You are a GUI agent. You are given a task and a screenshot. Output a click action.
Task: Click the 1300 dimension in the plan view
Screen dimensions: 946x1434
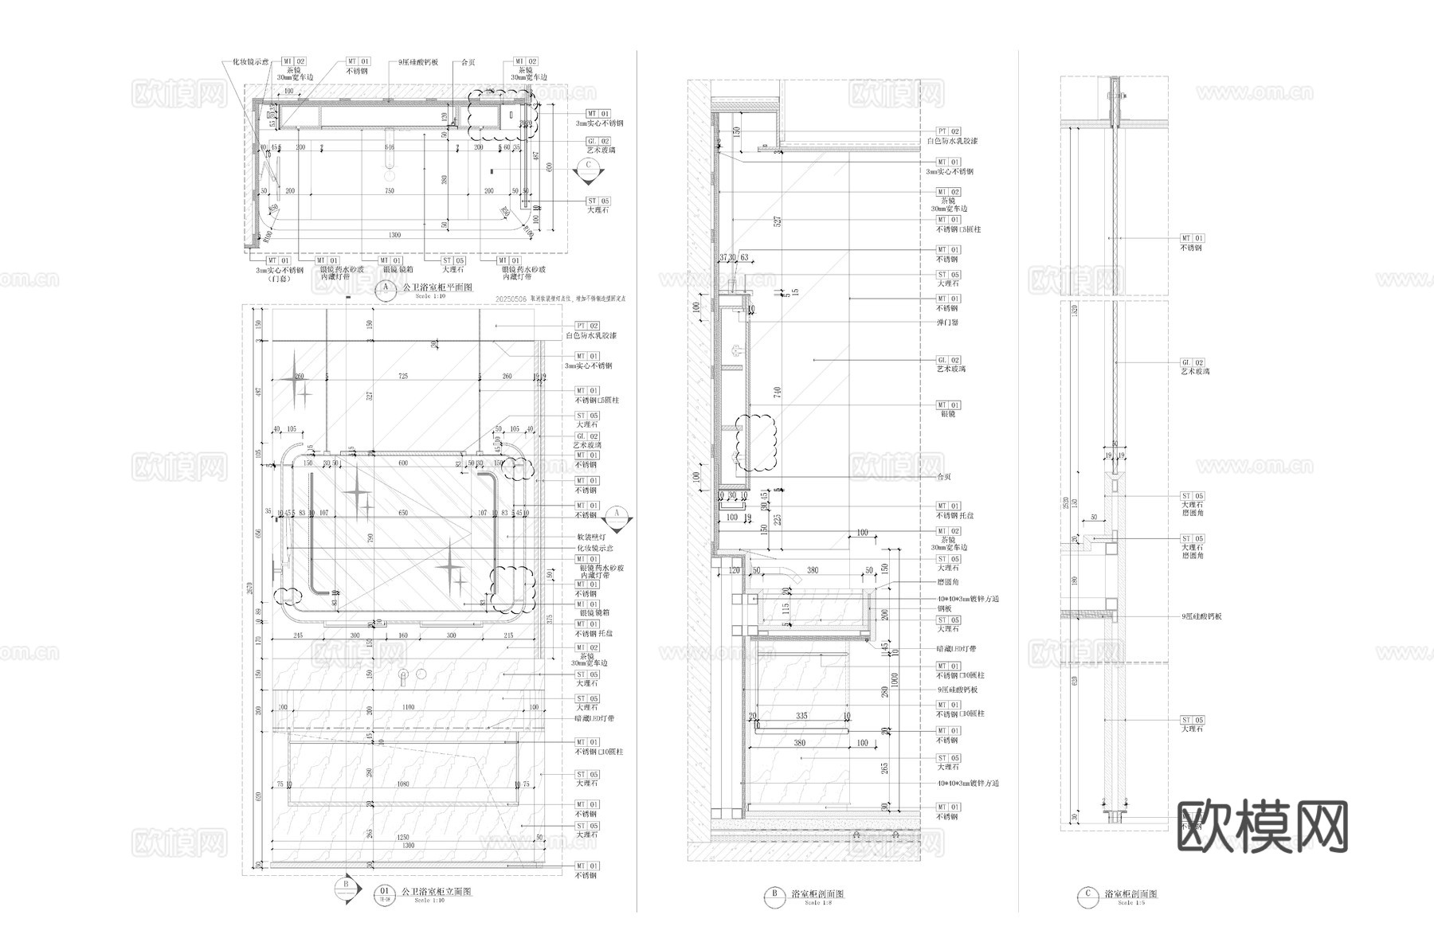pos(394,235)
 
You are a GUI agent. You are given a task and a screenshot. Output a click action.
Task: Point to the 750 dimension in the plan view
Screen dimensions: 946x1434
pos(390,191)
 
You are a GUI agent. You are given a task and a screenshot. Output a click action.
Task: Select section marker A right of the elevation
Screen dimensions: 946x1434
pos(616,515)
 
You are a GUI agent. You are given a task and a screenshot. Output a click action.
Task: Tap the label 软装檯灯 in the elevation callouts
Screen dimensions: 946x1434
pos(590,537)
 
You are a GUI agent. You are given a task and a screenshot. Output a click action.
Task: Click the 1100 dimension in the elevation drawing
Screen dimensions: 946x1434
pos(407,707)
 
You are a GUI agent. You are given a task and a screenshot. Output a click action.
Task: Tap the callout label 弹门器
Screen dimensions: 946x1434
pos(947,322)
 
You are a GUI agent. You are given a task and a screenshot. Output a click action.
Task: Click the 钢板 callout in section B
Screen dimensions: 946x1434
pos(944,608)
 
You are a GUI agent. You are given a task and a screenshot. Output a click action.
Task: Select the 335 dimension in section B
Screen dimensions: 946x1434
pos(801,716)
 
